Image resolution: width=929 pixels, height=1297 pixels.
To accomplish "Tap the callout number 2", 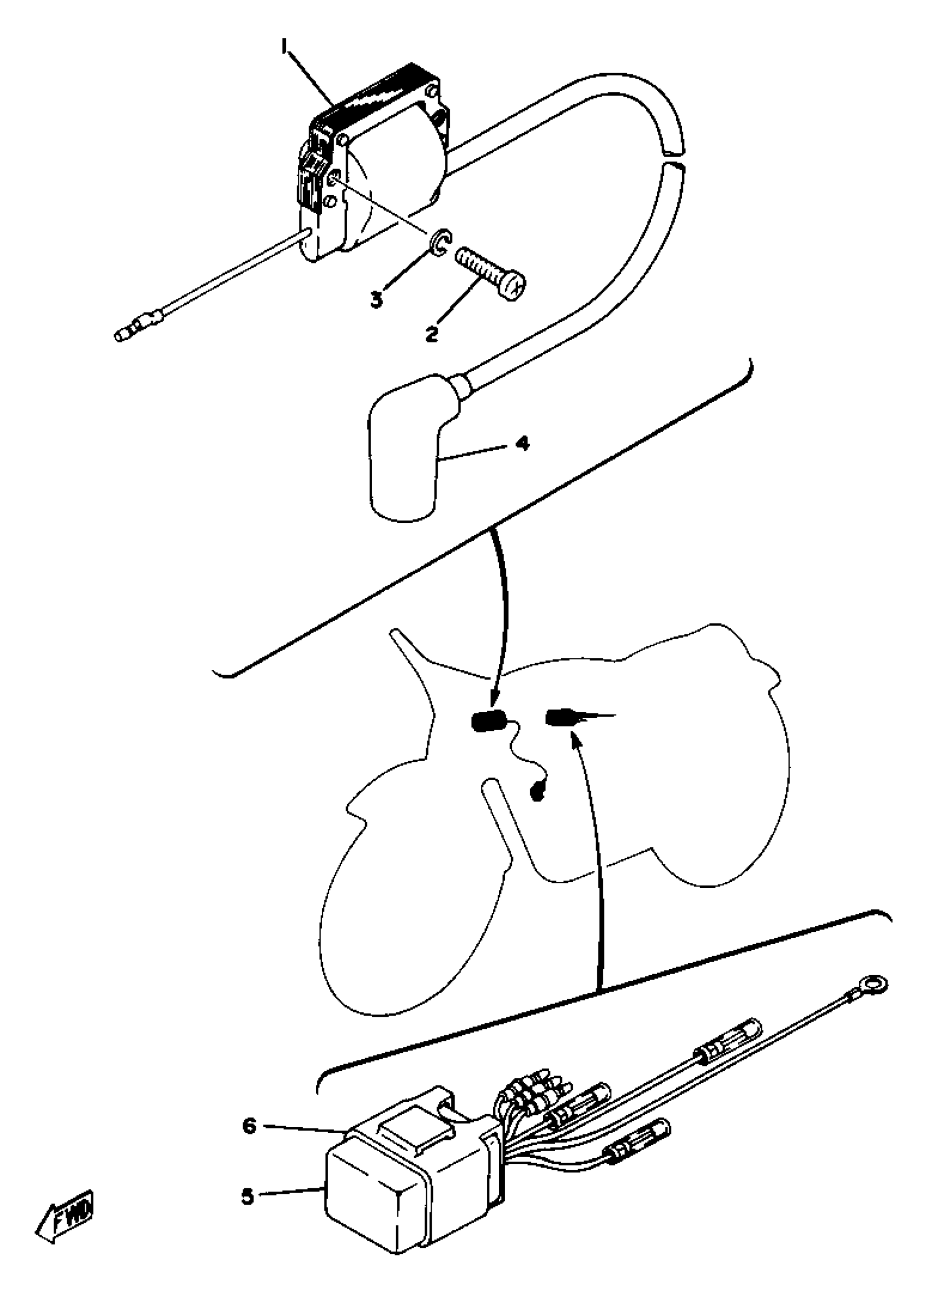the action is click(x=432, y=333).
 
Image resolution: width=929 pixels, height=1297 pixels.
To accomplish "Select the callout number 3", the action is click(x=376, y=299).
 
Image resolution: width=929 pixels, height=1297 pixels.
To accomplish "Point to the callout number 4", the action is click(x=522, y=443).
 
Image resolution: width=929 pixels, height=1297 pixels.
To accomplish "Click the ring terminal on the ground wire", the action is click(x=875, y=984).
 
